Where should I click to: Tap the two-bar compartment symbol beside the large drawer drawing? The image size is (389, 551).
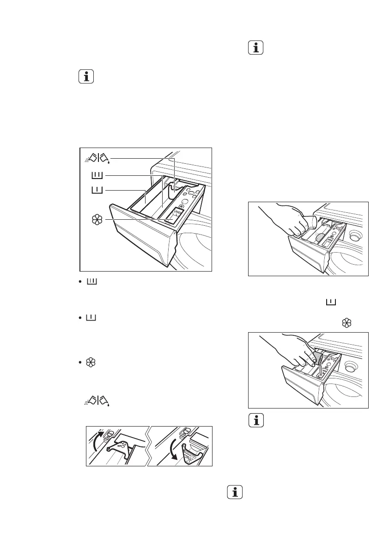coord(97,175)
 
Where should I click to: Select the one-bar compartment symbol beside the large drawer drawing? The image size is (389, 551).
coord(97,190)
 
